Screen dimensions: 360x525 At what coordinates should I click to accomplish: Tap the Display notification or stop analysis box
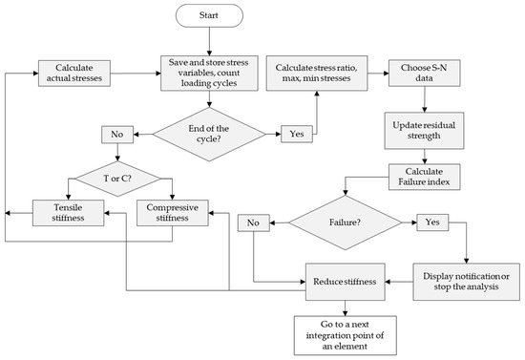466,283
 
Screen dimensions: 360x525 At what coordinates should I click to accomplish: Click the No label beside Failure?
253,222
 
